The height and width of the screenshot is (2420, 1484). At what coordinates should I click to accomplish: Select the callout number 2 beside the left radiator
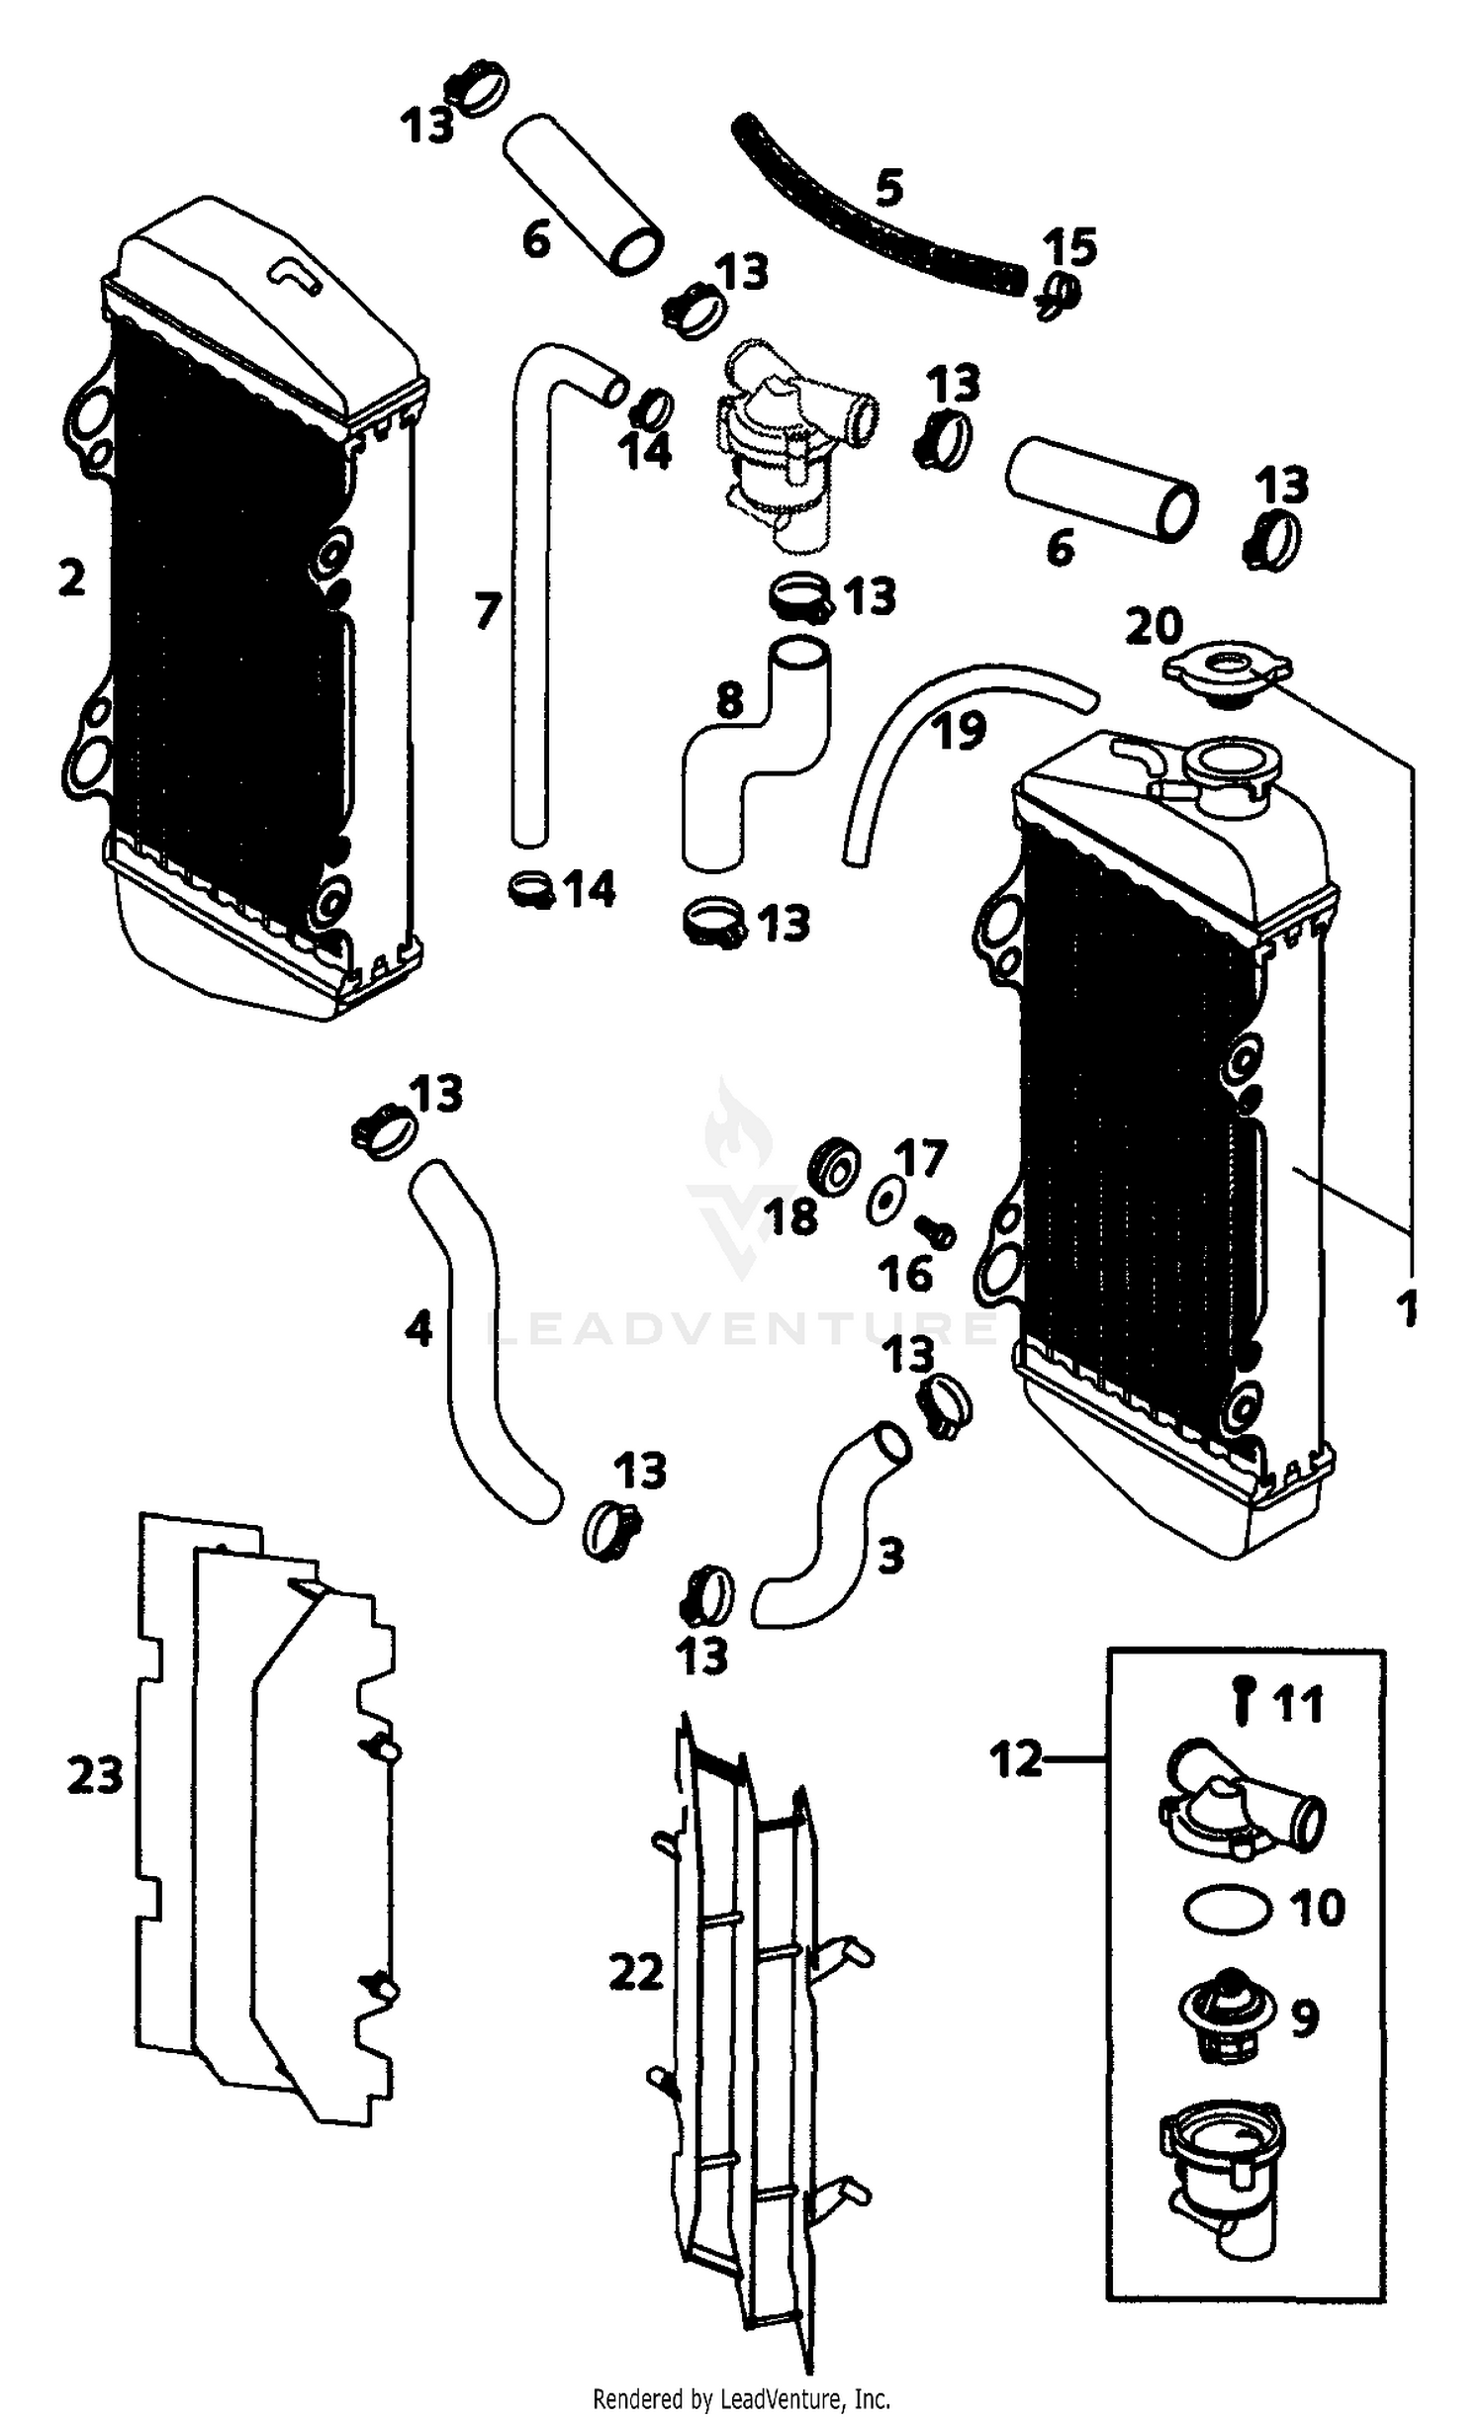[x=71, y=579]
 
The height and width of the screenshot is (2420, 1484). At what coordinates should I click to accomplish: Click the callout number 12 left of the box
[x=1016, y=1759]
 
